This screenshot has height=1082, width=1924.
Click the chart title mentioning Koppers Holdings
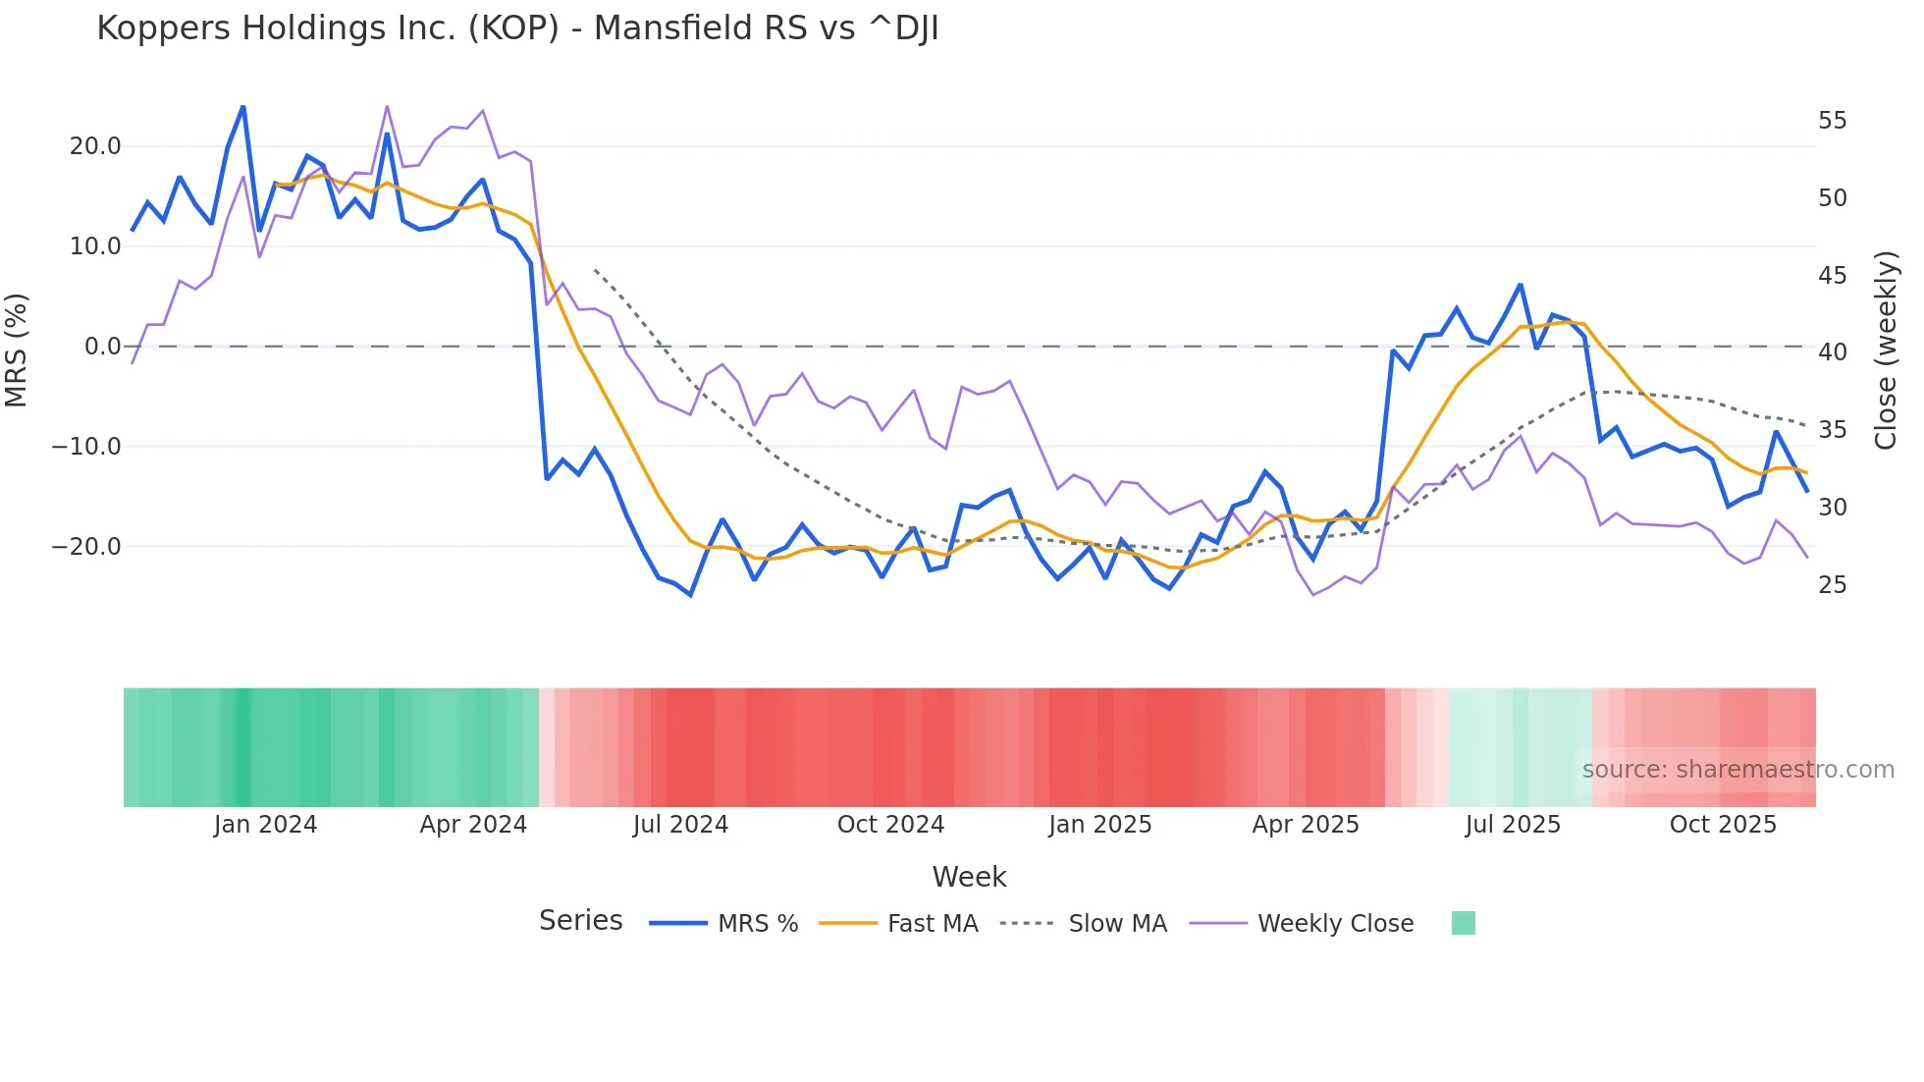pyautogui.click(x=517, y=28)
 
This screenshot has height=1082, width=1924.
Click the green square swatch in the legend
pyautogui.click(x=1463, y=923)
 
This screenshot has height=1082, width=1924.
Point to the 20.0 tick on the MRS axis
pyautogui.click(x=94, y=146)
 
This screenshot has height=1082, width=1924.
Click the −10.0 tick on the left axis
pyautogui.click(x=86, y=447)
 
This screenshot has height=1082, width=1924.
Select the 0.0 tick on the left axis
pyautogui.click(x=102, y=347)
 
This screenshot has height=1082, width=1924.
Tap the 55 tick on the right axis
pyautogui.click(x=1832, y=121)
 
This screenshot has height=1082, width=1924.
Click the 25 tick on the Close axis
pyautogui.click(x=1832, y=585)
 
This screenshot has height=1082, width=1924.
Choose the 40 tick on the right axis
pyautogui.click(x=1832, y=352)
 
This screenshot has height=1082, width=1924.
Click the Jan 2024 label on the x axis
pyautogui.click(x=265, y=825)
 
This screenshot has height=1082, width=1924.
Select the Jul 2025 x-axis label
pyautogui.click(x=1513, y=825)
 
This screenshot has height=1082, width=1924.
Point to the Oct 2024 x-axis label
pyautogui.click(x=890, y=825)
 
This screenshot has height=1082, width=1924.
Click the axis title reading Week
pyautogui.click(x=969, y=877)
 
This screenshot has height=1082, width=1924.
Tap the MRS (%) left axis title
pyautogui.click(x=17, y=351)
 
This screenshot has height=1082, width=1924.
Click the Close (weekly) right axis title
pyautogui.click(x=1886, y=351)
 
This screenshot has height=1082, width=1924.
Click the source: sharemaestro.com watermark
pyautogui.click(x=1737, y=770)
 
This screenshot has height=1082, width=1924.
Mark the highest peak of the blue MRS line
pyautogui.click(x=243, y=107)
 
